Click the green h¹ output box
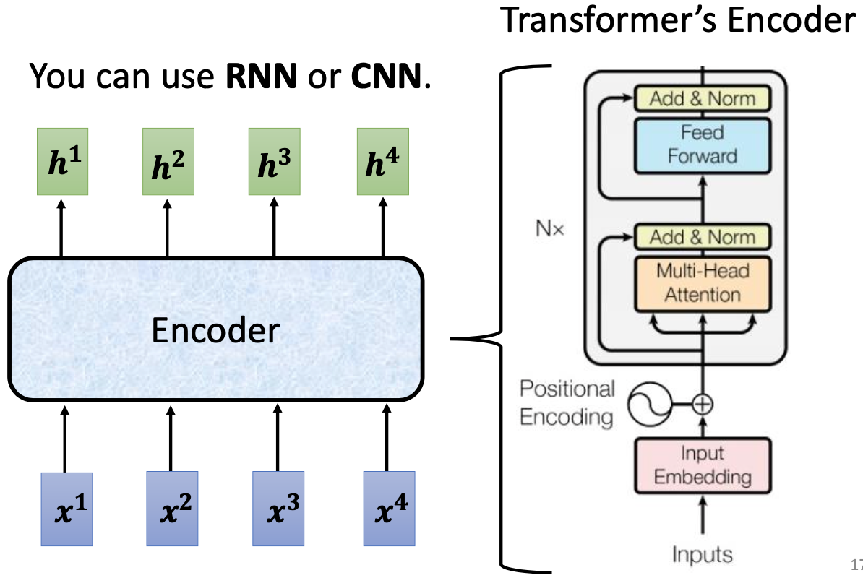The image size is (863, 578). click(x=64, y=162)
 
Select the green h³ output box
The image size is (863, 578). click(x=274, y=162)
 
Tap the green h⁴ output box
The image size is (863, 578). click(x=382, y=162)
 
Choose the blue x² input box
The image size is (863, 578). click(x=172, y=508)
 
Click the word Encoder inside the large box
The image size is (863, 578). click(x=215, y=331)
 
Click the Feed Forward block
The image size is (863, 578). click(x=702, y=144)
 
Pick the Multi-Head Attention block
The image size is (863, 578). click(x=702, y=282)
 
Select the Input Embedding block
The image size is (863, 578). click(x=702, y=465)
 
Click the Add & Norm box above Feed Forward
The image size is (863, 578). click(x=702, y=99)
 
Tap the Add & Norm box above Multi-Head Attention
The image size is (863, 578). click(x=702, y=237)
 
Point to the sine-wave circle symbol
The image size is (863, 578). click(x=645, y=405)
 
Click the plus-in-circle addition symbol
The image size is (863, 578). click(x=702, y=405)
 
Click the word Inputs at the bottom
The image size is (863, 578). click(x=702, y=554)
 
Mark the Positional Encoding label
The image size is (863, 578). click(x=567, y=402)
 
